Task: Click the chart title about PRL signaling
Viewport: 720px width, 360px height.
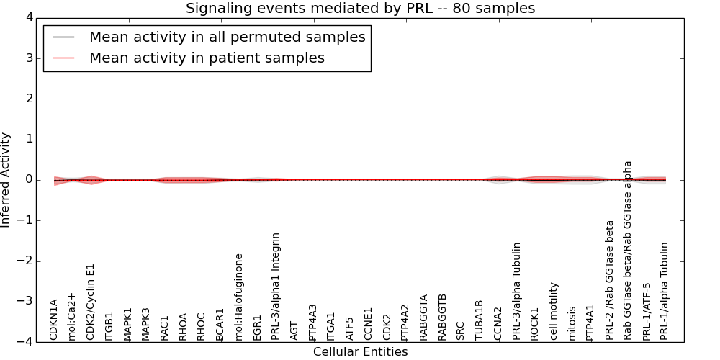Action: coord(360,9)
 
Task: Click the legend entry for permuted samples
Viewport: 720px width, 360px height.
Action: coord(227,37)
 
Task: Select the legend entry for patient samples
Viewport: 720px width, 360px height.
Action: coord(207,58)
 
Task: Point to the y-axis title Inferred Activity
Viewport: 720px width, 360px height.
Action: coord(6,180)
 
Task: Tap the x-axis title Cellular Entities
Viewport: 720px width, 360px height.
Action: coord(360,352)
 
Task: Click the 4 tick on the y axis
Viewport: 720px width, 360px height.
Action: coord(28,17)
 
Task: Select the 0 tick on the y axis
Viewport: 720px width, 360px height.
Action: coord(28,180)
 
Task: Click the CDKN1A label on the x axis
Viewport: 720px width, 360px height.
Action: coord(54,320)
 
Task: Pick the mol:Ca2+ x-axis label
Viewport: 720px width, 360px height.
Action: coord(72,316)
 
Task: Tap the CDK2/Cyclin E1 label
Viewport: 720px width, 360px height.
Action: coord(91,302)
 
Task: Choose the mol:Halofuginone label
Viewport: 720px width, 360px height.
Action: coord(240,297)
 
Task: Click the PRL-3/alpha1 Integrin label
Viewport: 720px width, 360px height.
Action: coord(276,286)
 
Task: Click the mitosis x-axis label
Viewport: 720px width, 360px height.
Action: coord(572,323)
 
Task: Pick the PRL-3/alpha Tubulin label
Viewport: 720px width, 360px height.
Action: coord(517,291)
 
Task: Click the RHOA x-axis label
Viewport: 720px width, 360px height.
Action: coord(184,326)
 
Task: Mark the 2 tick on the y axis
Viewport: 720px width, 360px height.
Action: coord(28,99)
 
